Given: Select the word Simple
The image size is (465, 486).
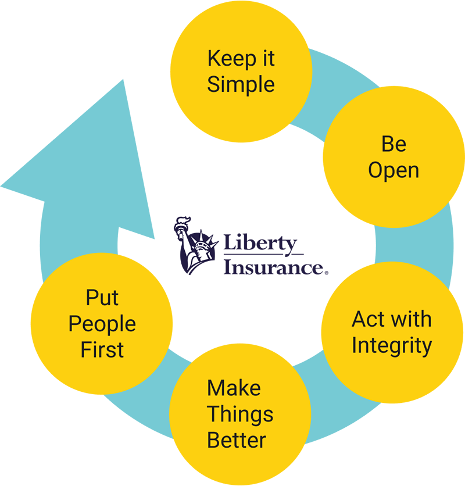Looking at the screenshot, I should point(241,85).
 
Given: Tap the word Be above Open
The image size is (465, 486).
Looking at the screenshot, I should point(394,144).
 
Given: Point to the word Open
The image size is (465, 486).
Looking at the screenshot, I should point(394,170).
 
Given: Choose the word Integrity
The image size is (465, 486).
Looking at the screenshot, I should point(392,345).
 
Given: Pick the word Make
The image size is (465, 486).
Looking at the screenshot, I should point(234,388).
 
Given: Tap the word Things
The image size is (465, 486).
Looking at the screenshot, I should point(240,414).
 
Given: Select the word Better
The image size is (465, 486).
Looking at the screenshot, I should point(237,440).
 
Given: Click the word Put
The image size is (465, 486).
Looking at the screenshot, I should point(102,298).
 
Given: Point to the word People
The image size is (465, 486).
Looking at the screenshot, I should point(102,324).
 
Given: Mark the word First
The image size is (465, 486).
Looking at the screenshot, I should point(102,350).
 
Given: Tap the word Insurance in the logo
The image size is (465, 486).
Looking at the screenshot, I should point(272,268).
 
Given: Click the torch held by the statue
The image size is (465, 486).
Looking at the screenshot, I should point(183,224).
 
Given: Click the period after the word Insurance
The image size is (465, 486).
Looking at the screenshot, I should point(326,272).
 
